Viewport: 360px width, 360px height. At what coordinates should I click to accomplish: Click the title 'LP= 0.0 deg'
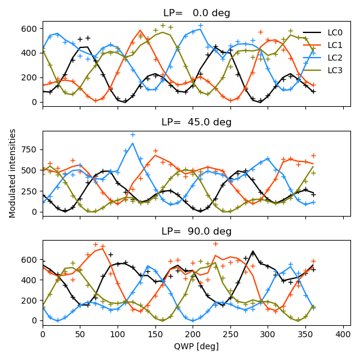(196, 13)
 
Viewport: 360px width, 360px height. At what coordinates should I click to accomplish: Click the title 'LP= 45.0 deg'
(196, 122)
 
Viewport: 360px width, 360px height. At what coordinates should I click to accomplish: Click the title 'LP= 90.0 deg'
(196, 232)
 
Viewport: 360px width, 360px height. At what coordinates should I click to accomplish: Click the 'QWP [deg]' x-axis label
(196, 346)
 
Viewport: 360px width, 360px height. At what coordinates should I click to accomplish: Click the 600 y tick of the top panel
(31, 28)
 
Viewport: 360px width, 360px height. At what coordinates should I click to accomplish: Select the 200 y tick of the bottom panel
(31, 300)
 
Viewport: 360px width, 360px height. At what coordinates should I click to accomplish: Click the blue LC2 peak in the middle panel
(133, 143)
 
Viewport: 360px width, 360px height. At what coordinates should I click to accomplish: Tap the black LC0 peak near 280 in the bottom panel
(253, 251)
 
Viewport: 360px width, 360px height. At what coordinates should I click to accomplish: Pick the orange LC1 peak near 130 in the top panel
(140, 30)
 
